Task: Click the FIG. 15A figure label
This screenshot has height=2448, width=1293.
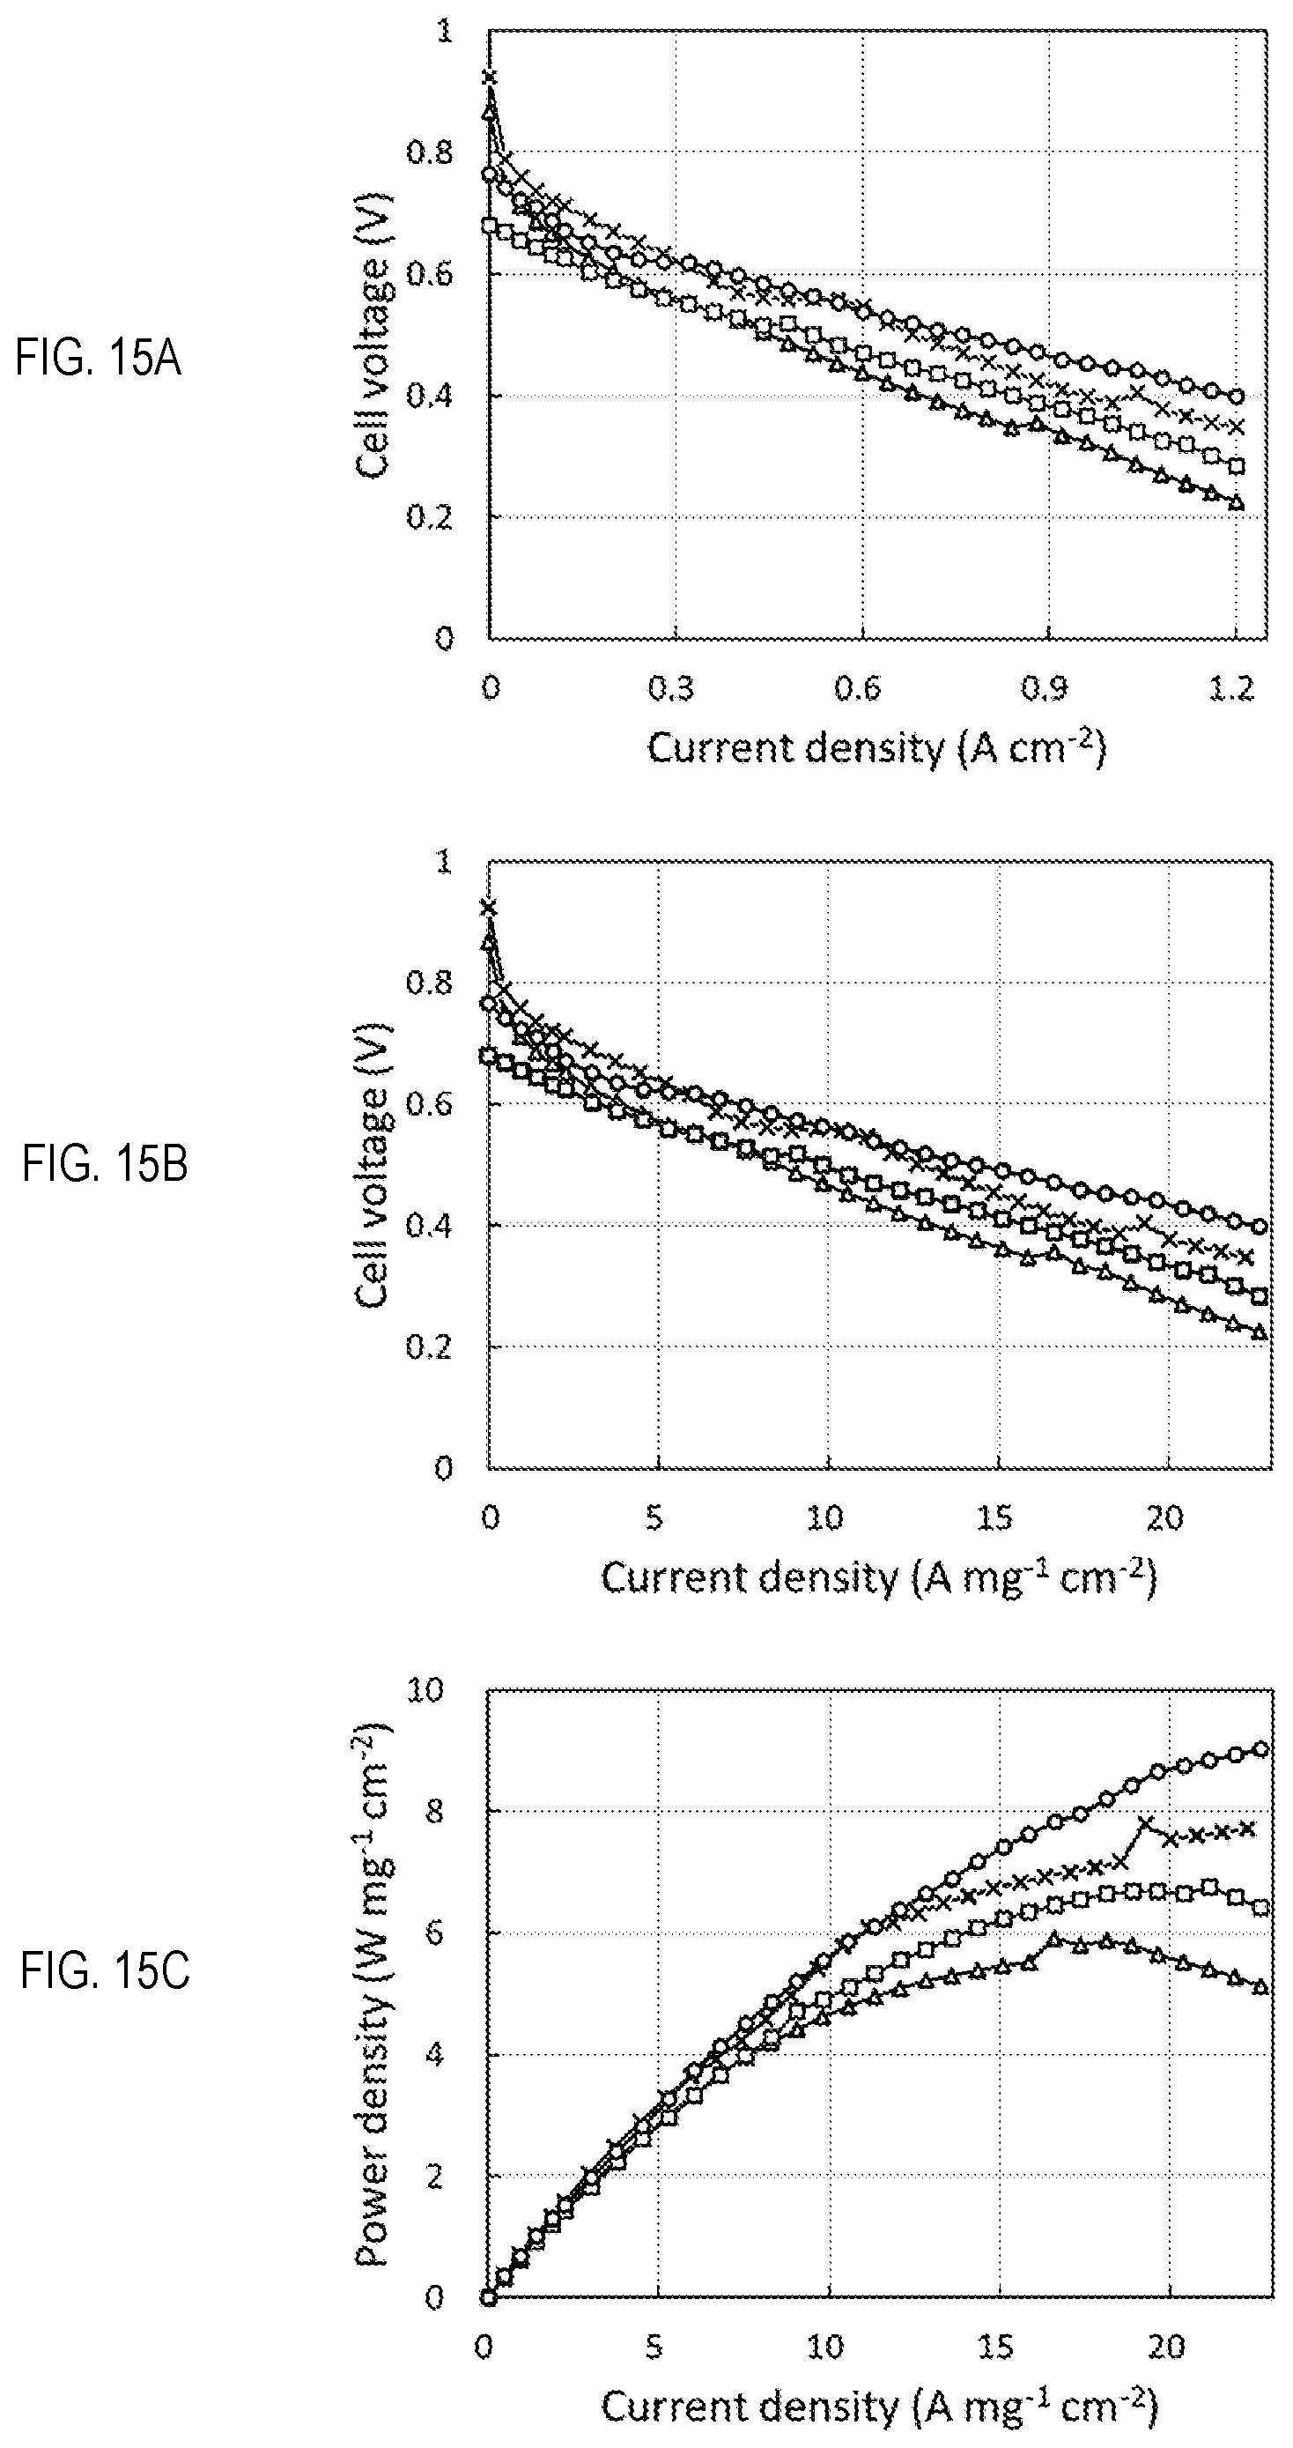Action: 98,360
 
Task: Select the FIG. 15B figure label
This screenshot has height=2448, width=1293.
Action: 105,1164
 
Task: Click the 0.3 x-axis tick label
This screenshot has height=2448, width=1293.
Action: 671,688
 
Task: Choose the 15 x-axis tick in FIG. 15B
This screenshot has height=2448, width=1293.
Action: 994,1518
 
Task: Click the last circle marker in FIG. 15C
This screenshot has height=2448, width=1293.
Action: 1261,1748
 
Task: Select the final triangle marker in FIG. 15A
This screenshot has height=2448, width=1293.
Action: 1236,501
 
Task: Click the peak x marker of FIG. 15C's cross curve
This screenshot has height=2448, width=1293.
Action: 1146,1822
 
